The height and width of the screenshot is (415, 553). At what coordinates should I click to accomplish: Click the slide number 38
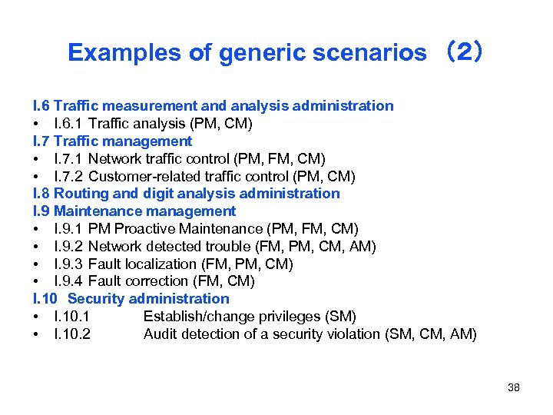coord(514,387)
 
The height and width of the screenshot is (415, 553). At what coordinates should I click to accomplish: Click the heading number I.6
coord(42,106)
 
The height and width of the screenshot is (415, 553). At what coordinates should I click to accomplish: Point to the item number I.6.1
coord(69,124)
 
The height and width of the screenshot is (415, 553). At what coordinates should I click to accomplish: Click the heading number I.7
coord(42,141)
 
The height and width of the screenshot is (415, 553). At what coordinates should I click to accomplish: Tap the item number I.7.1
coord(69,159)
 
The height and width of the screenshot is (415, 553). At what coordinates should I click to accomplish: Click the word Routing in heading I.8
coord(80,194)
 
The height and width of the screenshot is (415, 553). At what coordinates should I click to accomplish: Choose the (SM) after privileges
coord(341,317)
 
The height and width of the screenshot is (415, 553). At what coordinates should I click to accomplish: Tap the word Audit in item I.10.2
coord(160,334)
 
